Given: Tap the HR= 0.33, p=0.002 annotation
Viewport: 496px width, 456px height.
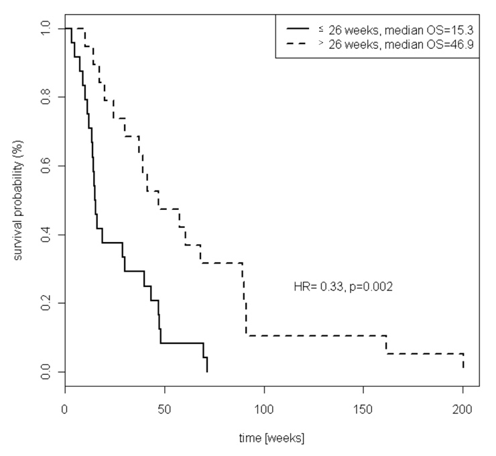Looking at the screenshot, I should (343, 286).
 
